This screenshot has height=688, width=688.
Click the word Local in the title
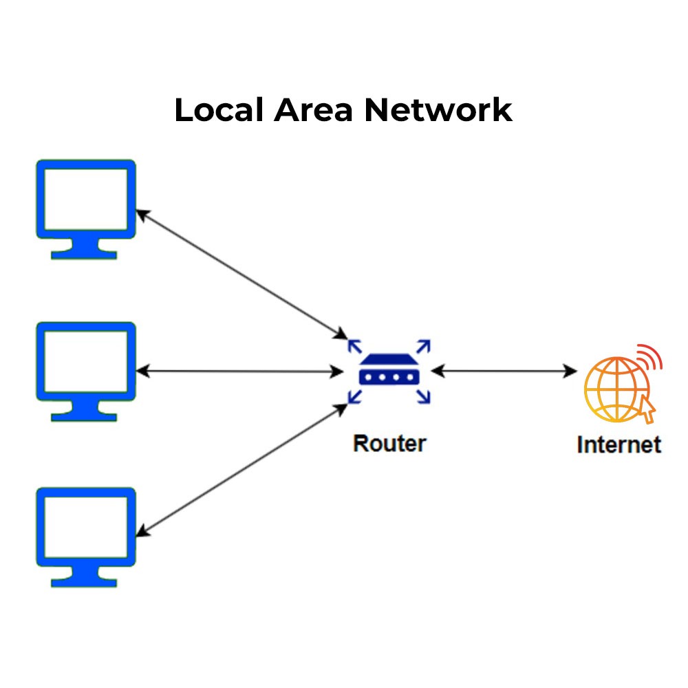click(x=215, y=111)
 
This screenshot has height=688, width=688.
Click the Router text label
click(x=389, y=444)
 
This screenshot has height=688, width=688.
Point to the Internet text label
click(x=619, y=445)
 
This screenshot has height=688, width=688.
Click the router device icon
click(x=389, y=372)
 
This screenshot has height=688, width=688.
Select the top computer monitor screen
click(x=86, y=199)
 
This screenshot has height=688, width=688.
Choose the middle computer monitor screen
click(x=86, y=361)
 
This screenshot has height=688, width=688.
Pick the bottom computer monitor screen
click(x=86, y=527)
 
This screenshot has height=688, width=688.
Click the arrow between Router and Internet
click(x=504, y=372)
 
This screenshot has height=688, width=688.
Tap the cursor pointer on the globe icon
click(x=647, y=410)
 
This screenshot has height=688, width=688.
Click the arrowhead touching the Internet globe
click(x=571, y=372)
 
